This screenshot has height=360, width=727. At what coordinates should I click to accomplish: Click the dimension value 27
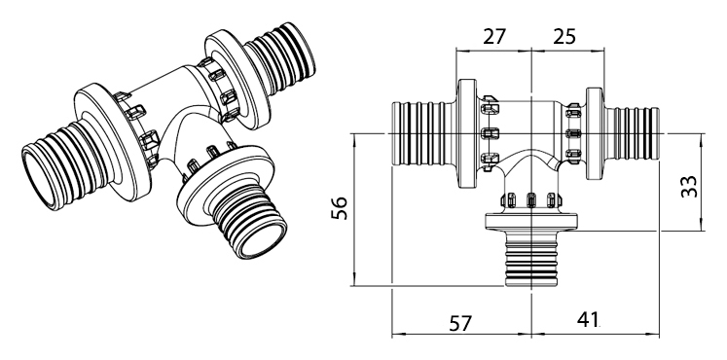(x=494, y=36)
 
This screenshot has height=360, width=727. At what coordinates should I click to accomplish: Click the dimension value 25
(x=564, y=36)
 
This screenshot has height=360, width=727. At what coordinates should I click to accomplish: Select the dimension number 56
(x=340, y=208)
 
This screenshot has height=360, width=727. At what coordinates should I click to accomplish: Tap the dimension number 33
(x=689, y=186)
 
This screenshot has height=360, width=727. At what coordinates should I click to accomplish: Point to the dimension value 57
(x=460, y=323)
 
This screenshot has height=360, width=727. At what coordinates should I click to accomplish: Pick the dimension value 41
(x=588, y=319)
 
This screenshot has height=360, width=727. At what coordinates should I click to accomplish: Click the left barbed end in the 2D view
(x=419, y=133)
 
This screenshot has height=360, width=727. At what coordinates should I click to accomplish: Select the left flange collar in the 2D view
(x=467, y=133)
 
